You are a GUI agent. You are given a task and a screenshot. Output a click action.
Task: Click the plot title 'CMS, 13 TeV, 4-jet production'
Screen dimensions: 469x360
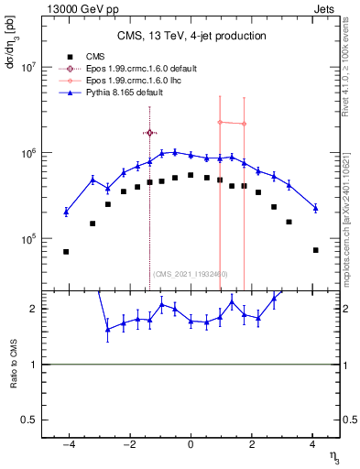(x=191, y=36)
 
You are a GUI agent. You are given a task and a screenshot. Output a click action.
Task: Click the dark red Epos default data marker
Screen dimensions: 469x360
(x=149, y=133)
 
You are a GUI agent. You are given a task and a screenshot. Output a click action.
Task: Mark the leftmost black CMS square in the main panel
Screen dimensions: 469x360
(x=66, y=251)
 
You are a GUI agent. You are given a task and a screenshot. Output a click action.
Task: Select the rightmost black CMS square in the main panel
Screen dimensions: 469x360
(x=315, y=250)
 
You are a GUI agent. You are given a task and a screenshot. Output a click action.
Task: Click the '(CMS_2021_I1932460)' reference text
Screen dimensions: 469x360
(x=191, y=274)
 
